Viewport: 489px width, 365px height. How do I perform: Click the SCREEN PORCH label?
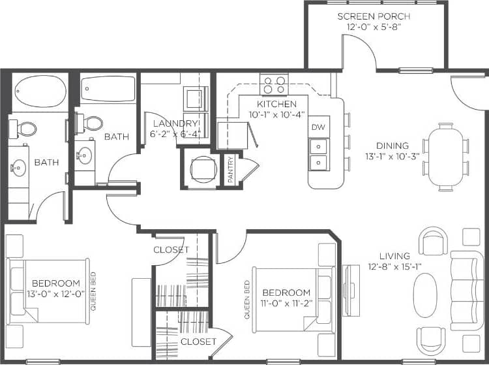click(x=374, y=16)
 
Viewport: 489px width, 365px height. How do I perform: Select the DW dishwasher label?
click(x=318, y=127)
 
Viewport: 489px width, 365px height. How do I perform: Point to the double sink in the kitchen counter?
click(x=318, y=154)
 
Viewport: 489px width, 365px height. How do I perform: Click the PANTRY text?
click(x=230, y=169)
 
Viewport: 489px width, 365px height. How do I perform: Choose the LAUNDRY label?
click(x=175, y=123)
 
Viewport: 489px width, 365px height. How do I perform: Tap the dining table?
click(x=445, y=157)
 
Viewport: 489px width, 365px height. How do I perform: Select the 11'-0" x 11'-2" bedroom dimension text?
click(x=286, y=303)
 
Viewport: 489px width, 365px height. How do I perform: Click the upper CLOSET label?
click(x=171, y=249)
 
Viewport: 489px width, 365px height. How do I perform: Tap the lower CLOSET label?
click(x=198, y=341)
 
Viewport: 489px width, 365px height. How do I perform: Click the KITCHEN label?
click(x=276, y=104)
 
